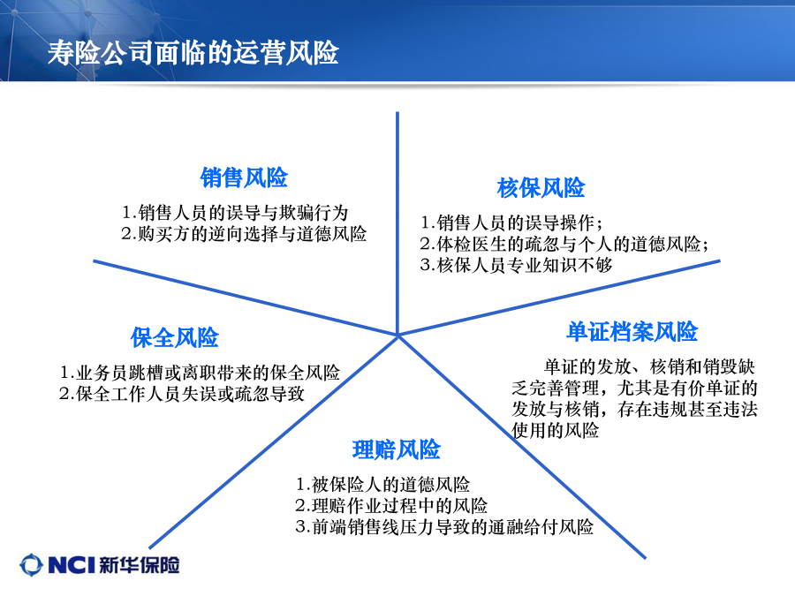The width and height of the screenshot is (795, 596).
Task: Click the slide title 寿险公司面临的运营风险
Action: click(x=193, y=52)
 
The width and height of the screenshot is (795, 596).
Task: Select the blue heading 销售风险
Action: click(x=244, y=177)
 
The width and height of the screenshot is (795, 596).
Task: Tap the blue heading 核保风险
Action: click(x=541, y=187)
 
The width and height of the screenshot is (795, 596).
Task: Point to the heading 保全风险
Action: click(x=174, y=337)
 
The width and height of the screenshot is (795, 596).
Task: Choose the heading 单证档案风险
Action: click(x=632, y=331)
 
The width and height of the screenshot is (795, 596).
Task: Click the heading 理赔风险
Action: click(x=396, y=449)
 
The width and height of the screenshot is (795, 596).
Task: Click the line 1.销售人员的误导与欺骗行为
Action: click(x=235, y=212)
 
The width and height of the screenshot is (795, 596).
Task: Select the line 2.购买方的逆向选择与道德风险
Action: click(x=244, y=234)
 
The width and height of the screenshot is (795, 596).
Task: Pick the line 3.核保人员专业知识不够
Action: click(x=516, y=265)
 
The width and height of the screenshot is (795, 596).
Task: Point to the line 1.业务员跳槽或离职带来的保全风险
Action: click(x=200, y=373)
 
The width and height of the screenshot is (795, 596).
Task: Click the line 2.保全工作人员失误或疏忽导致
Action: click(x=181, y=394)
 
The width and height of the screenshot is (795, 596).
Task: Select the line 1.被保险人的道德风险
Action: click(x=382, y=485)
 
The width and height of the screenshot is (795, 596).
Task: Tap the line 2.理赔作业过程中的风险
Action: click(x=391, y=506)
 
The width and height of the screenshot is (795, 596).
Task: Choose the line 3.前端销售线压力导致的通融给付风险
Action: click(x=444, y=527)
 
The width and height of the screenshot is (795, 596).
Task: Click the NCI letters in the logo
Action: click(x=72, y=564)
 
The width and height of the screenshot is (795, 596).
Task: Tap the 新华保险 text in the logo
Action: click(x=140, y=564)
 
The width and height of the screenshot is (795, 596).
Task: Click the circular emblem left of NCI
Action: click(x=32, y=564)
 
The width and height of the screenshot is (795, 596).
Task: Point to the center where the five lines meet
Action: click(x=397, y=335)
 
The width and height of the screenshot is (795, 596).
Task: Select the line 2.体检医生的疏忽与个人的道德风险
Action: click(x=564, y=244)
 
